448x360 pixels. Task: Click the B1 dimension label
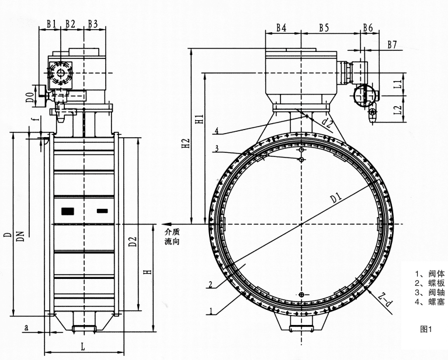pyautogui.click(x=51, y=24)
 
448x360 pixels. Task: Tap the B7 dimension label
pyautogui.click(x=392, y=44)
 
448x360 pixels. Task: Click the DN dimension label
pyautogui.click(x=20, y=236)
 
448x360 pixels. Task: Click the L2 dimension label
pyautogui.click(x=397, y=110)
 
